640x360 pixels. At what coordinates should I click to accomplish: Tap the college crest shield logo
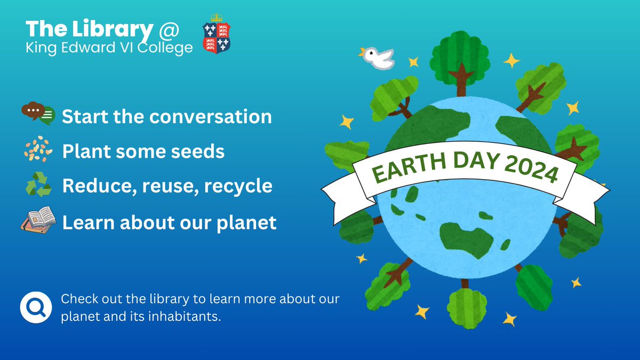217,37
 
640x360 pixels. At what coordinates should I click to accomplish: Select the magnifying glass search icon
36,307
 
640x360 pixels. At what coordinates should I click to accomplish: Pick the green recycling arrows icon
38,186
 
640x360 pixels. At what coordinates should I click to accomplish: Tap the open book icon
38,219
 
